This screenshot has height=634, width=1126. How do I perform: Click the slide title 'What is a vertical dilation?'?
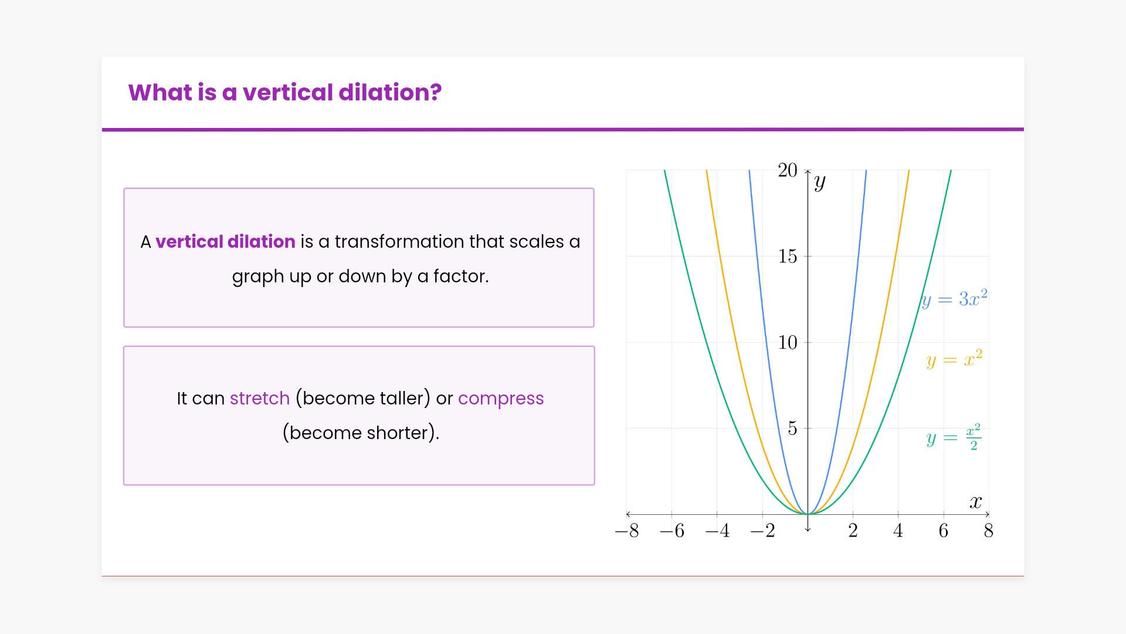click(x=285, y=93)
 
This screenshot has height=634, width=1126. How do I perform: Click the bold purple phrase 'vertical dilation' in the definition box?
click(x=225, y=241)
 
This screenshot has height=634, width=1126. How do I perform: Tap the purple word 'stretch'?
click(x=260, y=398)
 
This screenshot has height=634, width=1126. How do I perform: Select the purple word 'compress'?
click(x=501, y=399)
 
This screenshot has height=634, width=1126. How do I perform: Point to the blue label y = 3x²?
click(x=954, y=299)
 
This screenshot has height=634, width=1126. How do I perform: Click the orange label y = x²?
click(x=954, y=359)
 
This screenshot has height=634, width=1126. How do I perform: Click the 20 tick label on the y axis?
click(x=788, y=170)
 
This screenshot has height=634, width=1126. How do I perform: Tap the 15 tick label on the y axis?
click(x=788, y=257)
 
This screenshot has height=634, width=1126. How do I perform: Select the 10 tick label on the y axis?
click(x=788, y=342)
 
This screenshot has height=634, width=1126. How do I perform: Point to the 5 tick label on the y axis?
click(x=792, y=429)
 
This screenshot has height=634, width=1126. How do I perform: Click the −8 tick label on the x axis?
click(x=627, y=531)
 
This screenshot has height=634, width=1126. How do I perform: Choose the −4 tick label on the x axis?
click(x=718, y=531)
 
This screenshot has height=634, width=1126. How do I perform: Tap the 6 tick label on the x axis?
click(x=944, y=531)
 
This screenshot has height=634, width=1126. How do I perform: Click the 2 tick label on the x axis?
click(x=853, y=531)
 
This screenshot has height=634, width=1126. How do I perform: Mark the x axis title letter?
click(x=976, y=502)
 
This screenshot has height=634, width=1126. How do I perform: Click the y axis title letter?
click(x=820, y=183)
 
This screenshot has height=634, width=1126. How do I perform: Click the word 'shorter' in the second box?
click(x=398, y=433)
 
